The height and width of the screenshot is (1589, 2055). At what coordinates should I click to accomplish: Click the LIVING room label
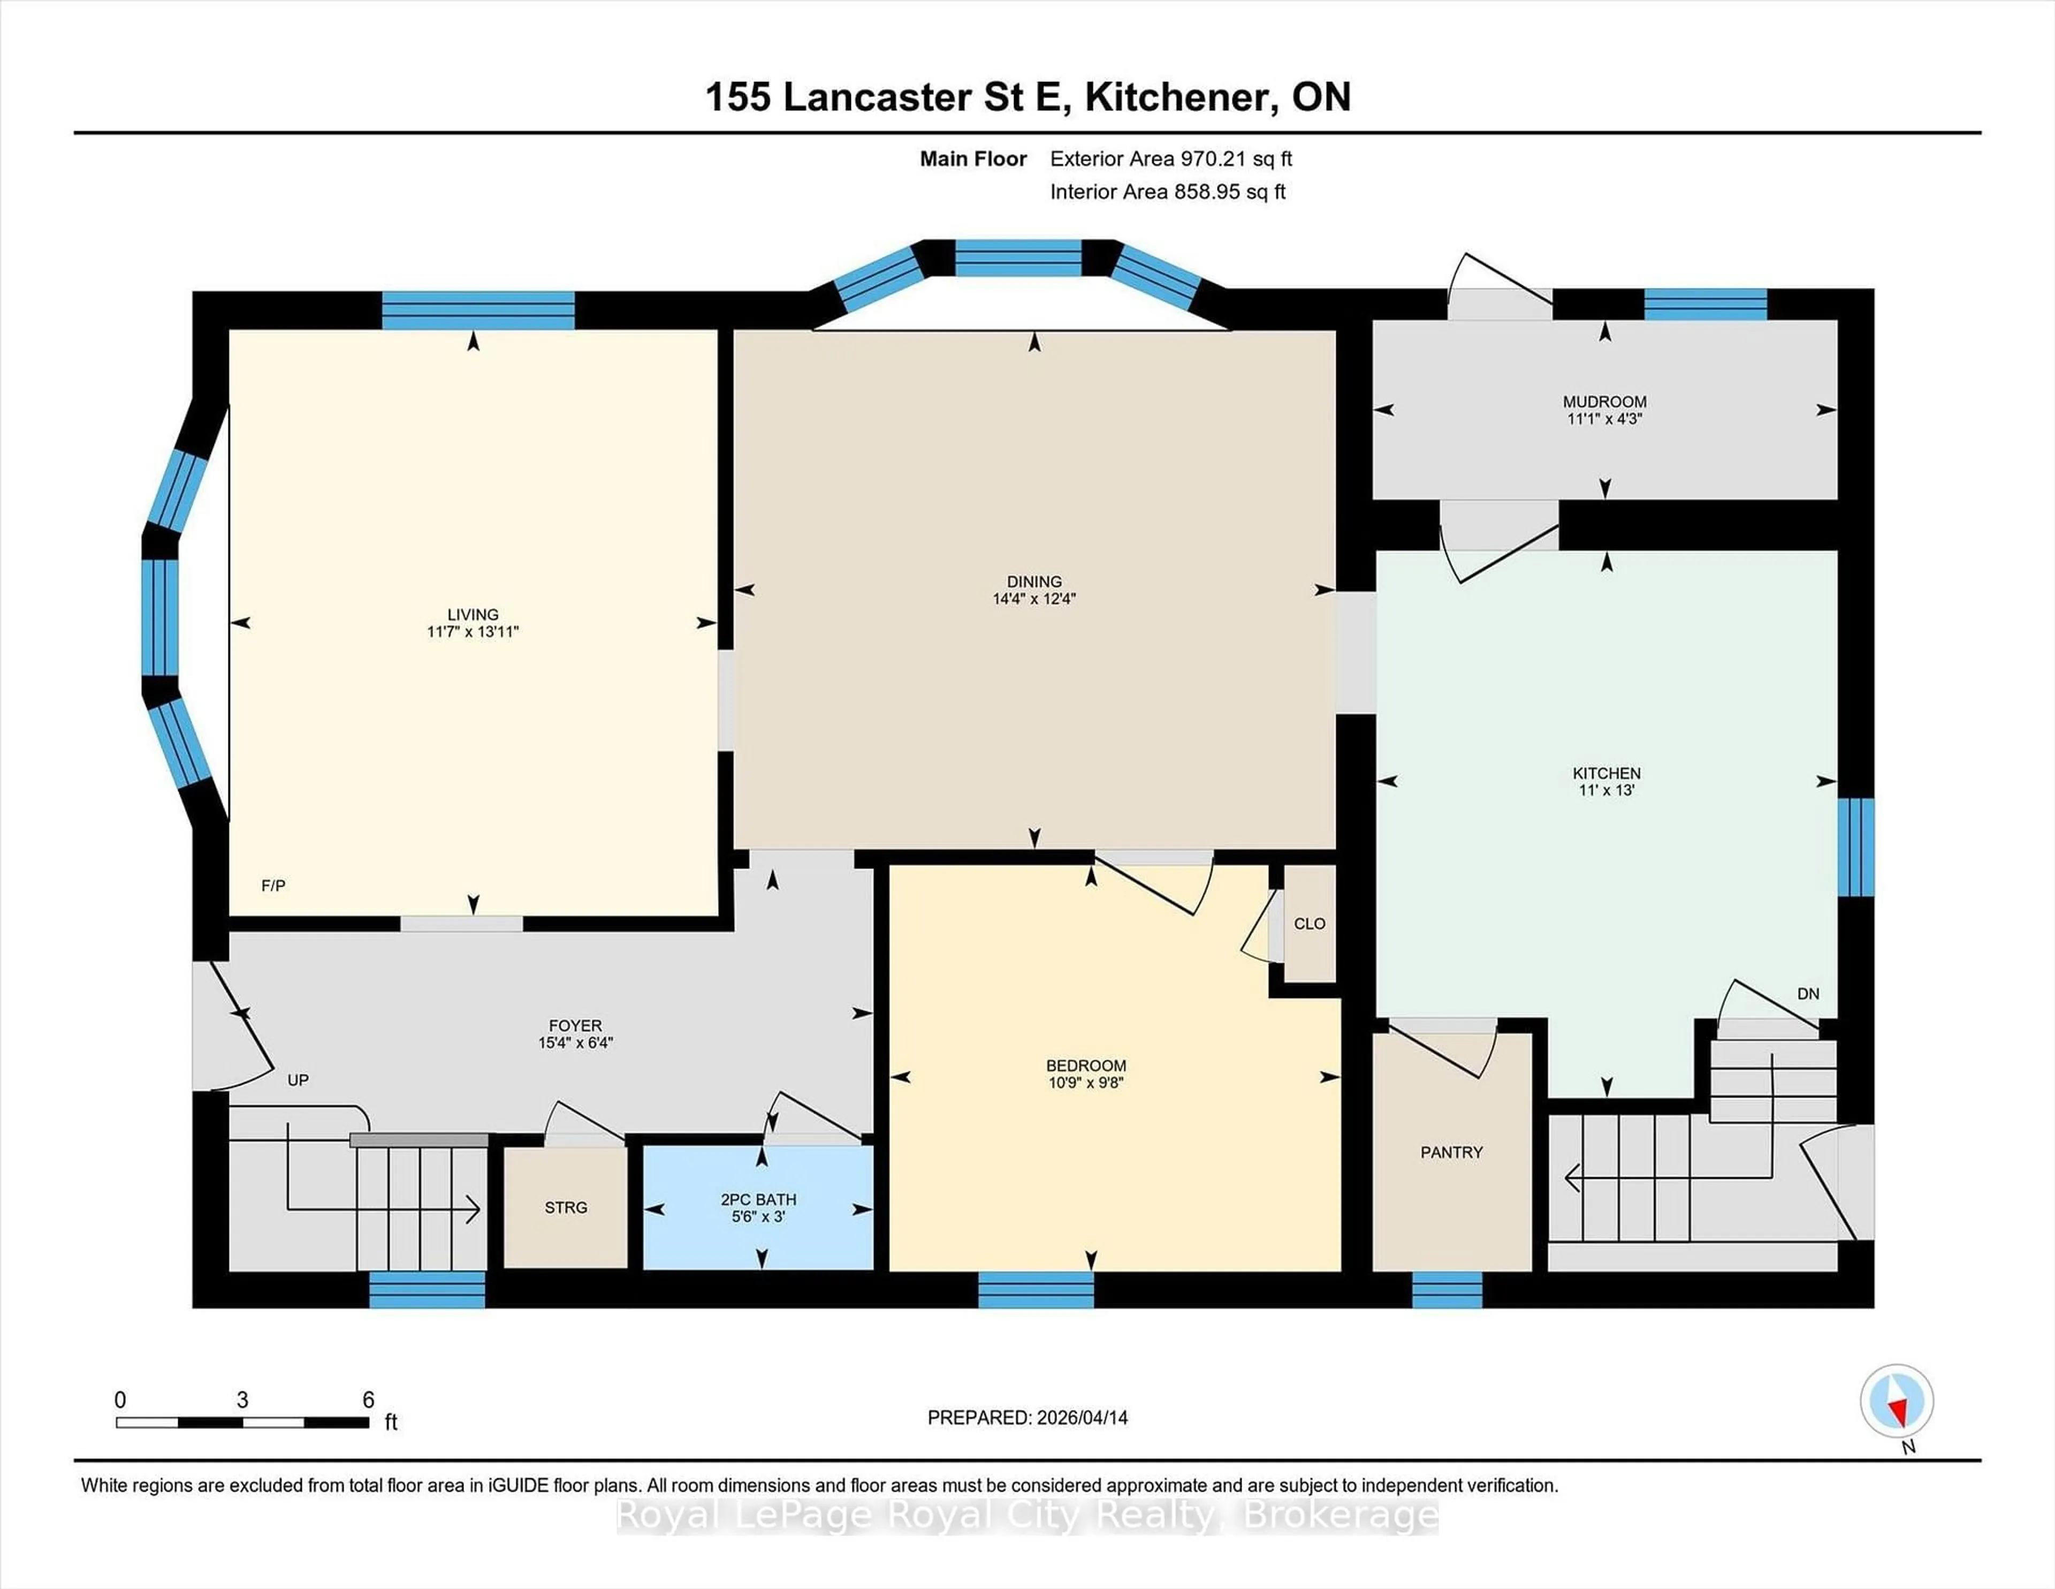point(473,614)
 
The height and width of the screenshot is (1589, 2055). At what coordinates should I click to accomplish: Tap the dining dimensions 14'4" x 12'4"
point(1033,599)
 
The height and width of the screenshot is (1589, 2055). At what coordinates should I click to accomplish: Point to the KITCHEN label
point(1606,773)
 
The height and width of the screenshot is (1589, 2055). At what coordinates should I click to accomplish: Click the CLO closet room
point(1309,924)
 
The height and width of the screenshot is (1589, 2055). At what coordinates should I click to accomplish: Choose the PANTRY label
point(1451,1152)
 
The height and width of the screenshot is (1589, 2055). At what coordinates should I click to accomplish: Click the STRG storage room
point(566,1207)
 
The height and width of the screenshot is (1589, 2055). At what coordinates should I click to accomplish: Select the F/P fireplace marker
point(273,885)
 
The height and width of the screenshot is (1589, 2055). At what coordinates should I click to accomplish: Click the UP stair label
point(298,1080)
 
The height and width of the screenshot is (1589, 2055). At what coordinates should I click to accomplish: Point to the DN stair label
point(1808,993)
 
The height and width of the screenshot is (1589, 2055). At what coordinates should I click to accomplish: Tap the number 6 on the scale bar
point(368,1400)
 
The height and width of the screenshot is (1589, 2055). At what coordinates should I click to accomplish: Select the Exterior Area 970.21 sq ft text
point(1170,159)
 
